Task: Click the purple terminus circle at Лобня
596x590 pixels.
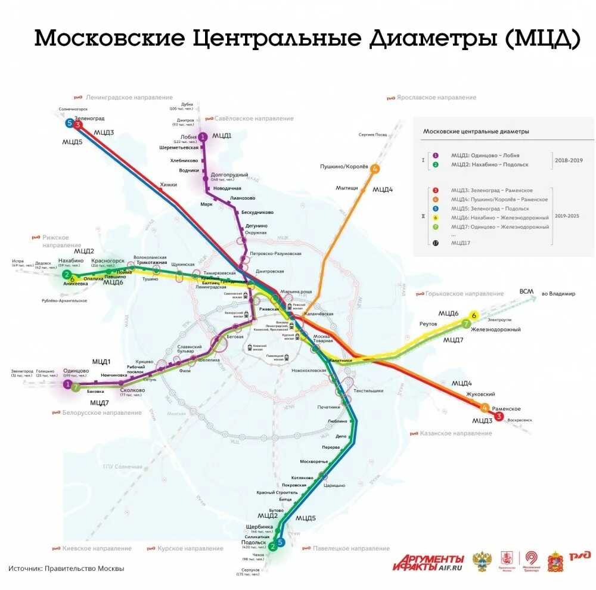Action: pyautogui.click(x=203, y=137)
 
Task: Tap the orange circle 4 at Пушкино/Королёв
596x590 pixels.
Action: pyautogui.click(x=375, y=169)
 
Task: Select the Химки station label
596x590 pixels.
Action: pyautogui.click(x=169, y=185)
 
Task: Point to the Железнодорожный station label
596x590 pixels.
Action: pyautogui.click(x=495, y=330)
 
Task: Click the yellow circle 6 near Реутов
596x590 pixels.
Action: pyautogui.click(x=474, y=315)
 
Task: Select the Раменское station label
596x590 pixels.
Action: pyautogui.click(x=506, y=409)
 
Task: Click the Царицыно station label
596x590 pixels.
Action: pyautogui.click(x=334, y=485)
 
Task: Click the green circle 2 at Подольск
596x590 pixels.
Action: pyautogui.click(x=272, y=546)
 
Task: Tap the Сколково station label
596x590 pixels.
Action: pyautogui.click(x=128, y=389)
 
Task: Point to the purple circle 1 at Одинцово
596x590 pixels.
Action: pyautogui.click(x=67, y=384)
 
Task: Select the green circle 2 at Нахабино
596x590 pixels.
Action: pyautogui.click(x=66, y=275)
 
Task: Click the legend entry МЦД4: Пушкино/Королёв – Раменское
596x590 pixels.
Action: pyautogui.click(x=499, y=199)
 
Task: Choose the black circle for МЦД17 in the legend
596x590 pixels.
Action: pyautogui.click(x=435, y=243)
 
